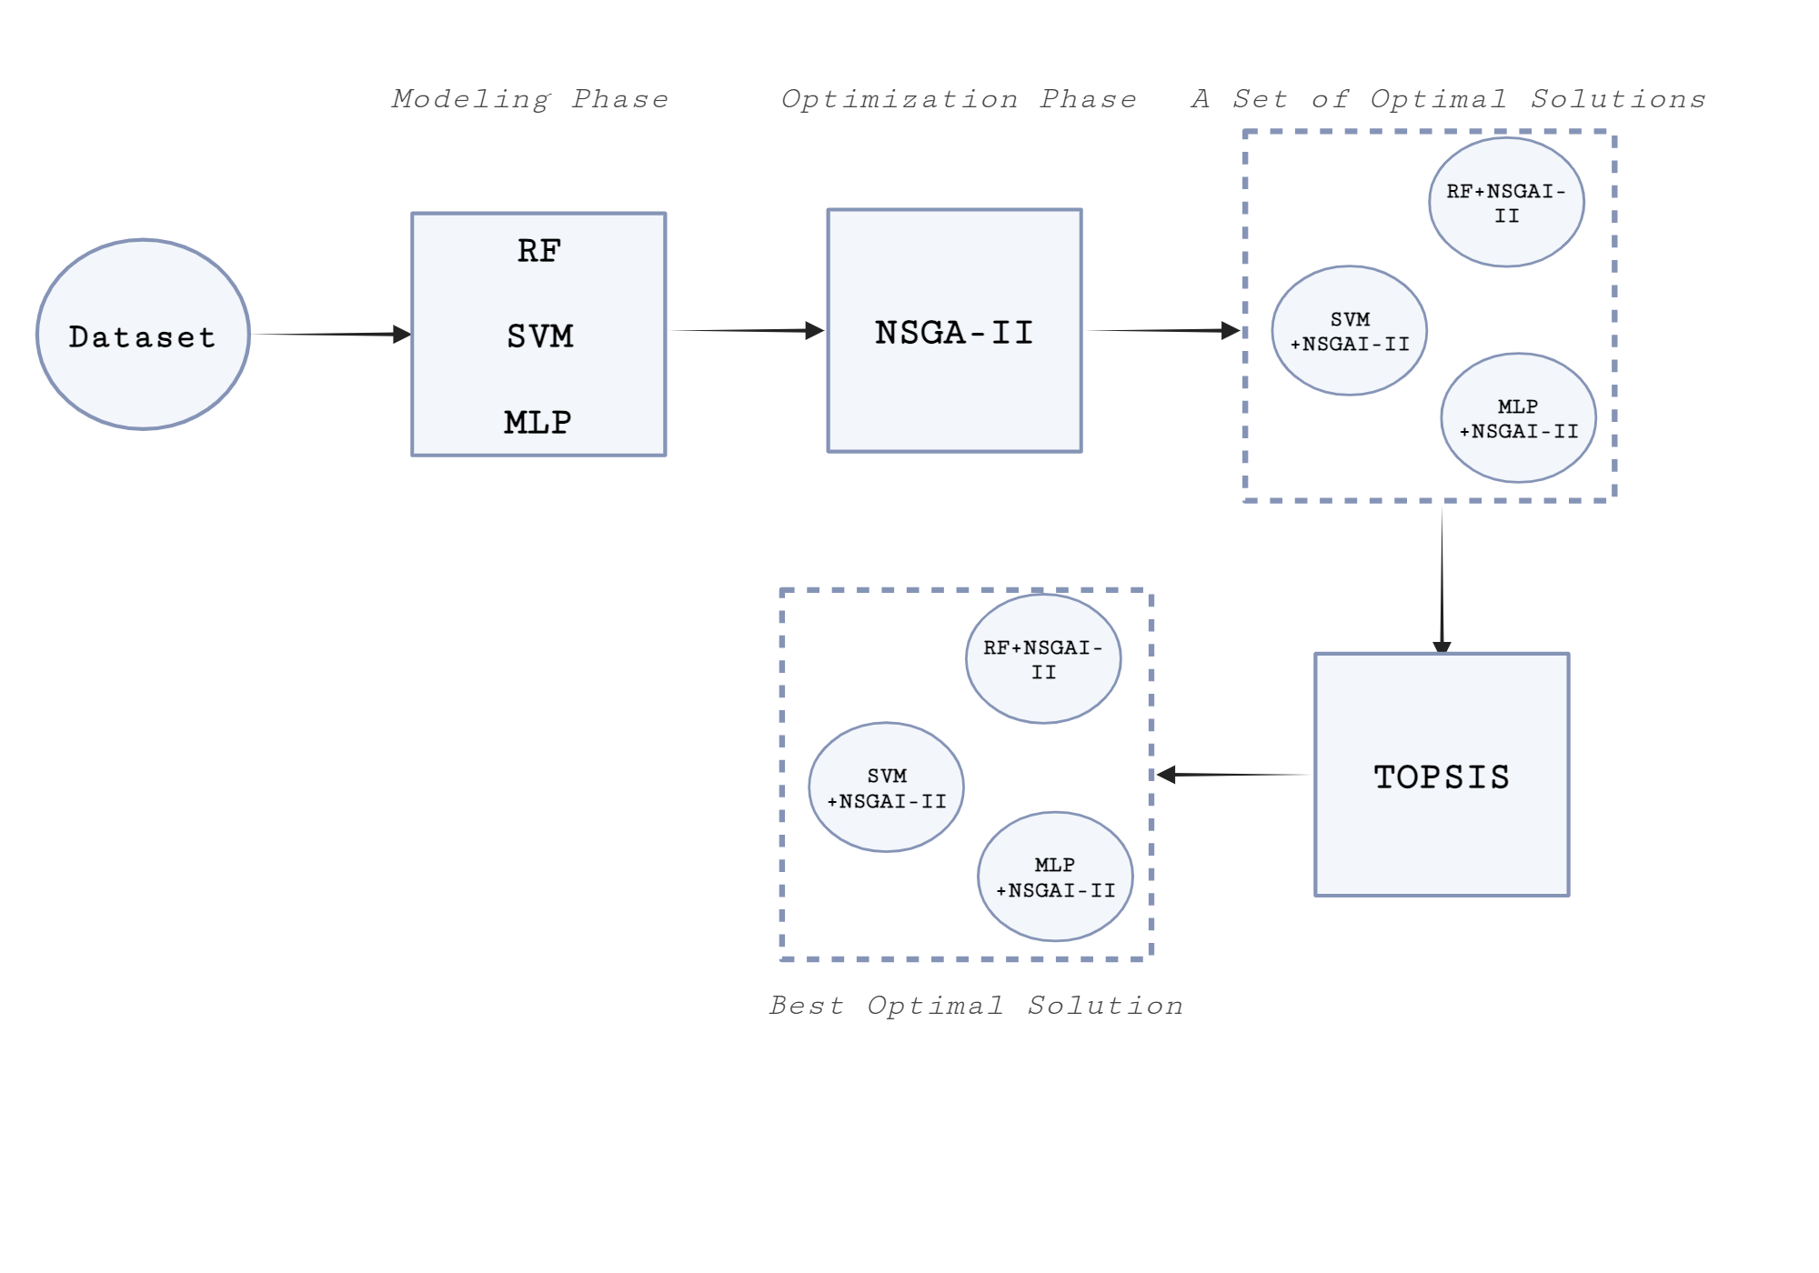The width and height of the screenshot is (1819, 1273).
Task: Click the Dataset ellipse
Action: click(x=143, y=335)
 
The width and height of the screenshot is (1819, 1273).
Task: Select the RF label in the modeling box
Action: click(x=538, y=251)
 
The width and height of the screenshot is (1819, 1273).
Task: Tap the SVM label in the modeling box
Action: click(x=539, y=336)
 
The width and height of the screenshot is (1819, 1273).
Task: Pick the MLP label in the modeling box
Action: click(x=538, y=422)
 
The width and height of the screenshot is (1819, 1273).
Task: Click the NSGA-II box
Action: click(x=954, y=331)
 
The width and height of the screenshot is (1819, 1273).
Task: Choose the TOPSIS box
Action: click(x=1442, y=776)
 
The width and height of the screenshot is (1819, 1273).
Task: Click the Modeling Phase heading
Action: click(x=530, y=99)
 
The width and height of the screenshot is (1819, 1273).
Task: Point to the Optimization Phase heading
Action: click(x=959, y=99)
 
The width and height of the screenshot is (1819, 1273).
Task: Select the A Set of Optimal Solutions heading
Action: click(x=1448, y=99)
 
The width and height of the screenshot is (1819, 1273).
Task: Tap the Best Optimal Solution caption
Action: click(x=976, y=1006)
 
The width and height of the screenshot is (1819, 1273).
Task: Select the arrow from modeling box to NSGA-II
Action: click(x=746, y=331)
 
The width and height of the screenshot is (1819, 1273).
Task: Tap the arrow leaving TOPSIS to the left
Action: click(x=1232, y=775)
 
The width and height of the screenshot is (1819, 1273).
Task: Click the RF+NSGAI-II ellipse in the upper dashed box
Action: click(x=1506, y=203)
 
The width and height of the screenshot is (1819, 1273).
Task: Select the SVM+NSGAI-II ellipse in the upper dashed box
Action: click(x=1349, y=331)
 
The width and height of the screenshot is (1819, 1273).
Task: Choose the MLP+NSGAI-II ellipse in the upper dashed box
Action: click(x=1518, y=418)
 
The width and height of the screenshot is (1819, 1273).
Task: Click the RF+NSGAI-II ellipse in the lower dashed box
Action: click(x=1043, y=659)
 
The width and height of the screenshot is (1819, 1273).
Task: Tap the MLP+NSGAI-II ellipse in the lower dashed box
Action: click(x=1055, y=877)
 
